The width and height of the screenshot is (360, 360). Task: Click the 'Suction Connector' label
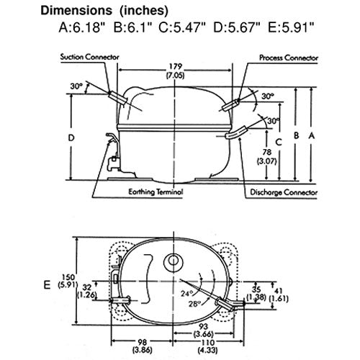click(90, 57)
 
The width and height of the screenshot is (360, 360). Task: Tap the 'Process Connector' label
click(289, 58)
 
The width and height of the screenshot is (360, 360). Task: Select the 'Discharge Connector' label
click(284, 192)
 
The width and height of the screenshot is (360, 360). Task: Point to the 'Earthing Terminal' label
click(156, 192)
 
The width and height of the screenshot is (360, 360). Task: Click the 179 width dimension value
click(176, 66)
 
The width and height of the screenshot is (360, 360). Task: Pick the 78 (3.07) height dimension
click(267, 157)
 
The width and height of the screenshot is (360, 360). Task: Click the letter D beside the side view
click(71, 138)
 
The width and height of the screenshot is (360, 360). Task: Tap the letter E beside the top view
click(47, 285)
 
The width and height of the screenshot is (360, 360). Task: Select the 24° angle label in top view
click(186, 293)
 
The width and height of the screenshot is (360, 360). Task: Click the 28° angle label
click(194, 304)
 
